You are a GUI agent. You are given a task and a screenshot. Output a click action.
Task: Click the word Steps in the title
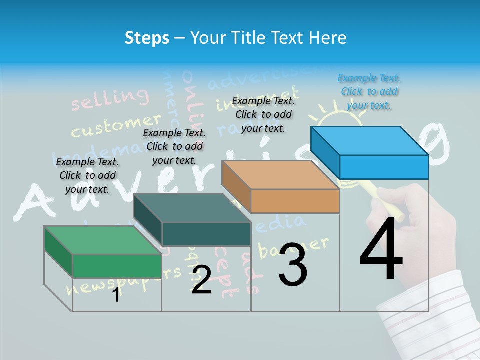pos(147,38)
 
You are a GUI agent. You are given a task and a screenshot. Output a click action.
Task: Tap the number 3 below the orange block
pos(293,265)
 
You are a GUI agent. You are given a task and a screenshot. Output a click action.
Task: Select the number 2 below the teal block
pos(201,280)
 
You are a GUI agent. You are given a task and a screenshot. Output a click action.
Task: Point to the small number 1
pos(116,295)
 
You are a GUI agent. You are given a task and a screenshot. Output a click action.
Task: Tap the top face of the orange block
pos(280,175)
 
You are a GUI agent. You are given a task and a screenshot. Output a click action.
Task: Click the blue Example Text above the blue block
pos(369,91)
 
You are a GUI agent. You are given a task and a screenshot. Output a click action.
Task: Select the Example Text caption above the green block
pos(87,175)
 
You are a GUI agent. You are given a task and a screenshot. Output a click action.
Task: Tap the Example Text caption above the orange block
pos(263,114)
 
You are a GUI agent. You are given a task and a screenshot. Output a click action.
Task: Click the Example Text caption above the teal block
pos(174,146)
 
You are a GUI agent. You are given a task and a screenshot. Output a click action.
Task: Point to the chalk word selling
pos(110,99)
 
